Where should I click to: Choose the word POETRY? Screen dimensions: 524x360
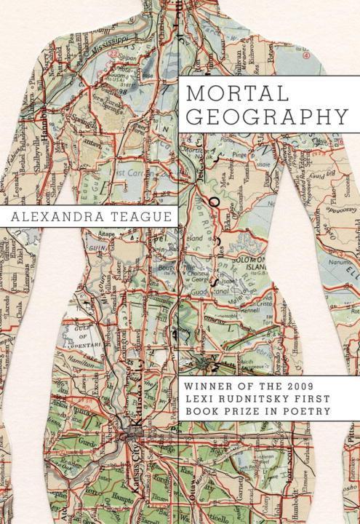coord(311,411)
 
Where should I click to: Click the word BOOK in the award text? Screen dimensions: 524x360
coord(207,411)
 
